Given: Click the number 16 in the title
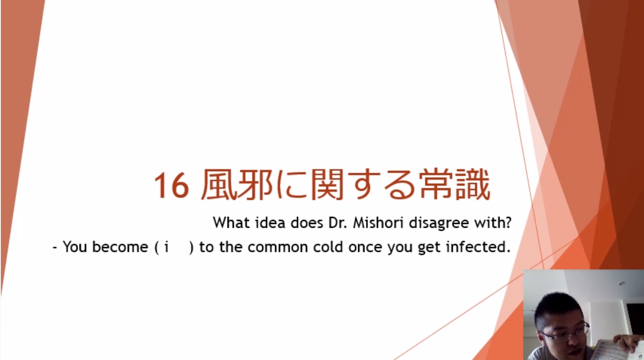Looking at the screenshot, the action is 172,185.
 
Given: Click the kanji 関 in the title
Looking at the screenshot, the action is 327,185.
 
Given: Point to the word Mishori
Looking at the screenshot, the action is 378,223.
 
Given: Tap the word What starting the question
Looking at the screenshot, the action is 231,222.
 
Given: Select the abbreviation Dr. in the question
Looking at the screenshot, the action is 337,223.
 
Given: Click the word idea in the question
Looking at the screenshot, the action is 270,223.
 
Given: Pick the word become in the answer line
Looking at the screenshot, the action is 120,247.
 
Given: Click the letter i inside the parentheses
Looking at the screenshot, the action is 166,247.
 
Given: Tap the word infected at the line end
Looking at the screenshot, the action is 478,247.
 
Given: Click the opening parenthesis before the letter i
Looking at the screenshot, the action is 157,247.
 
